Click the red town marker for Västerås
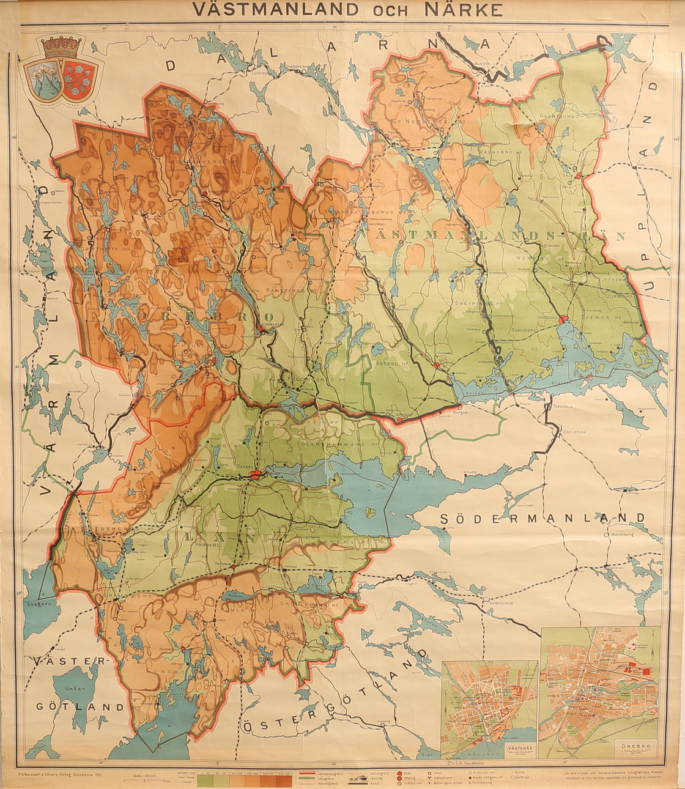[x=563, y=319]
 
